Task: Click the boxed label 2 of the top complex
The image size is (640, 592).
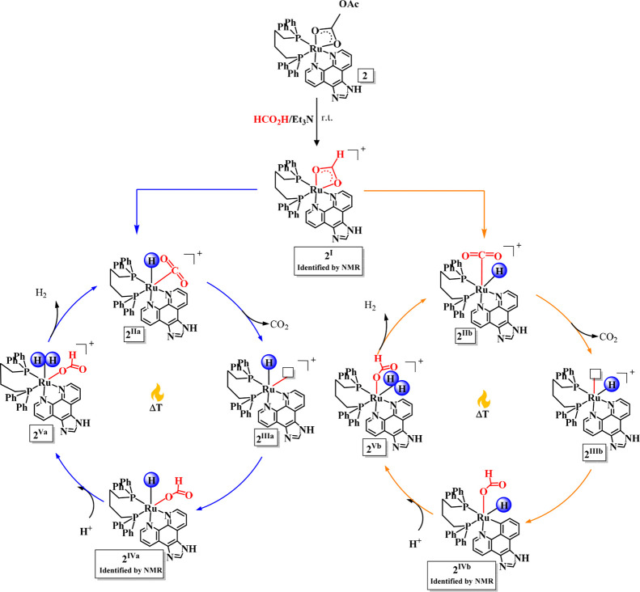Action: pyautogui.click(x=365, y=75)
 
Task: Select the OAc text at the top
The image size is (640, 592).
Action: pyautogui.click(x=349, y=6)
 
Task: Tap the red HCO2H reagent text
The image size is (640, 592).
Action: pyautogui.click(x=271, y=120)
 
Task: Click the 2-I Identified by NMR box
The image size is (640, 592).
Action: pyautogui.click(x=328, y=261)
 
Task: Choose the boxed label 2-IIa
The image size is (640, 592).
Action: pyautogui.click(x=134, y=333)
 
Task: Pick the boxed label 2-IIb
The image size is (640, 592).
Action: pyautogui.click(x=465, y=336)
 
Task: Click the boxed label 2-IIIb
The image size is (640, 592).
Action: pyautogui.click(x=594, y=452)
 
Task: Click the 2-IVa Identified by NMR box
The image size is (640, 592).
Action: pyautogui.click(x=130, y=564)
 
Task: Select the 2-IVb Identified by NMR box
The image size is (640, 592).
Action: pyautogui.click(x=462, y=575)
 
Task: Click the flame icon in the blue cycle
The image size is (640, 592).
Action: pyautogui.click(x=157, y=394)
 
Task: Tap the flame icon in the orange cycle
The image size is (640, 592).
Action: pyautogui.click(x=483, y=400)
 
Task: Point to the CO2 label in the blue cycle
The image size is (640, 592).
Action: pyautogui.click(x=280, y=325)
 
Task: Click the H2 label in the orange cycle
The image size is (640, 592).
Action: pyautogui.click(x=371, y=306)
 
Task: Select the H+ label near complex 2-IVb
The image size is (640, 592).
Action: pyautogui.click(x=416, y=543)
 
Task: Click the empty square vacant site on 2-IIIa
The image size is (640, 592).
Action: pyautogui.click(x=289, y=371)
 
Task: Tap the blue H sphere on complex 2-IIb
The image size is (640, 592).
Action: pyautogui.click(x=498, y=270)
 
